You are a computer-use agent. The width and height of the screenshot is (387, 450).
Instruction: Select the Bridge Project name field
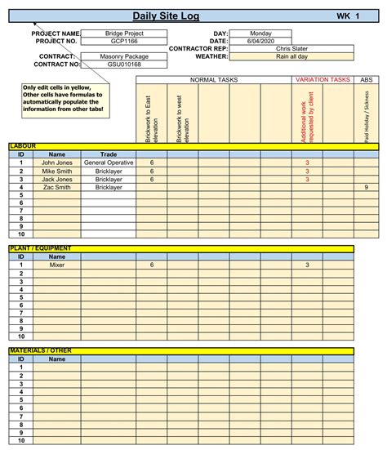click(x=123, y=33)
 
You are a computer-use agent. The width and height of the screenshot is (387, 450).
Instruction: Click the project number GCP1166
click(x=123, y=41)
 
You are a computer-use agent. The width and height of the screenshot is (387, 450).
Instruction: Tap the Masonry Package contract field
click(x=123, y=56)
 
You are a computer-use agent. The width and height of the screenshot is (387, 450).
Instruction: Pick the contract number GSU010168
click(x=123, y=64)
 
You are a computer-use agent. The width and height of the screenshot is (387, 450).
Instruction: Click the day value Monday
click(x=260, y=33)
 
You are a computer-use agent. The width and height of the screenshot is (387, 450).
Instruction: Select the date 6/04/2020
click(x=260, y=41)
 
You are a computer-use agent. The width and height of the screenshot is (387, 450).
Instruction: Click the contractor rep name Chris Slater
click(x=291, y=49)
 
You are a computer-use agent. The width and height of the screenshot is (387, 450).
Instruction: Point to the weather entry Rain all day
click(x=291, y=56)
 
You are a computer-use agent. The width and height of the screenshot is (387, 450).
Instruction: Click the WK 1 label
click(x=347, y=16)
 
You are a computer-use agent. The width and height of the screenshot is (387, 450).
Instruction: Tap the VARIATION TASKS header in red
click(x=322, y=80)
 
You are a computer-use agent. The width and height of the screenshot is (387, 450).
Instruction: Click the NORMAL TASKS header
click(x=214, y=80)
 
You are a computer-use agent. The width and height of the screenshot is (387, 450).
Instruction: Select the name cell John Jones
click(x=57, y=163)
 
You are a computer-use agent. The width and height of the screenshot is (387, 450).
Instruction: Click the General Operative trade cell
click(x=108, y=163)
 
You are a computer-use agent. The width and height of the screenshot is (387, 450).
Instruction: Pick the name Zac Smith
click(x=57, y=187)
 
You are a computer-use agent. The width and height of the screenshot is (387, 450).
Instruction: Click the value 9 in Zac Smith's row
click(x=366, y=187)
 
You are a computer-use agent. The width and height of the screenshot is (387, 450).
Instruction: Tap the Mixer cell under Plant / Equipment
click(x=57, y=265)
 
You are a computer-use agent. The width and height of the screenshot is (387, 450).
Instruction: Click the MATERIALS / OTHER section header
click(x=41, y=350)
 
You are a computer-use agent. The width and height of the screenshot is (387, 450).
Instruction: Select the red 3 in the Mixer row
click(x=307, y=265)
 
